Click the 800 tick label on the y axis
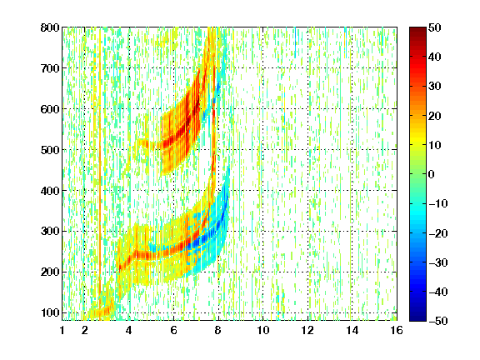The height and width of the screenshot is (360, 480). [50, 27]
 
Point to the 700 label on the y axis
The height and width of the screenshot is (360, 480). [50, 68]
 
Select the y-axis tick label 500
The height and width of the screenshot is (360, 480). [50, 150]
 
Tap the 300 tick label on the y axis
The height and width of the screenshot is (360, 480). [50, 232]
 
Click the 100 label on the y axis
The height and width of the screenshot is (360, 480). [50, 312]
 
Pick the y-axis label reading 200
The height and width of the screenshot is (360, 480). [50, 272]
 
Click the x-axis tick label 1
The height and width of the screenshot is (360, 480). [62, 330]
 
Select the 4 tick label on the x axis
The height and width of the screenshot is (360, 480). [129, 330]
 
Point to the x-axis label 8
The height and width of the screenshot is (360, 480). [218, 330]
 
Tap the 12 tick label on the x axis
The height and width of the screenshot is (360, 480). [307, 330]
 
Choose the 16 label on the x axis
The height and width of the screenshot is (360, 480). [397, 330]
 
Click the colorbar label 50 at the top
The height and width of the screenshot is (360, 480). [435, 27]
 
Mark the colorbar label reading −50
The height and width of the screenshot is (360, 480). [437, 321]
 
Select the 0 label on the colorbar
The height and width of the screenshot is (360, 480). [432, 174]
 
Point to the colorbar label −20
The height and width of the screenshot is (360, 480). [437, 233]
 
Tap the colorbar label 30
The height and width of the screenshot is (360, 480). [435, 87]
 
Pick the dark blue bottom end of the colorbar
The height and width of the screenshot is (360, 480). [417, 318]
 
